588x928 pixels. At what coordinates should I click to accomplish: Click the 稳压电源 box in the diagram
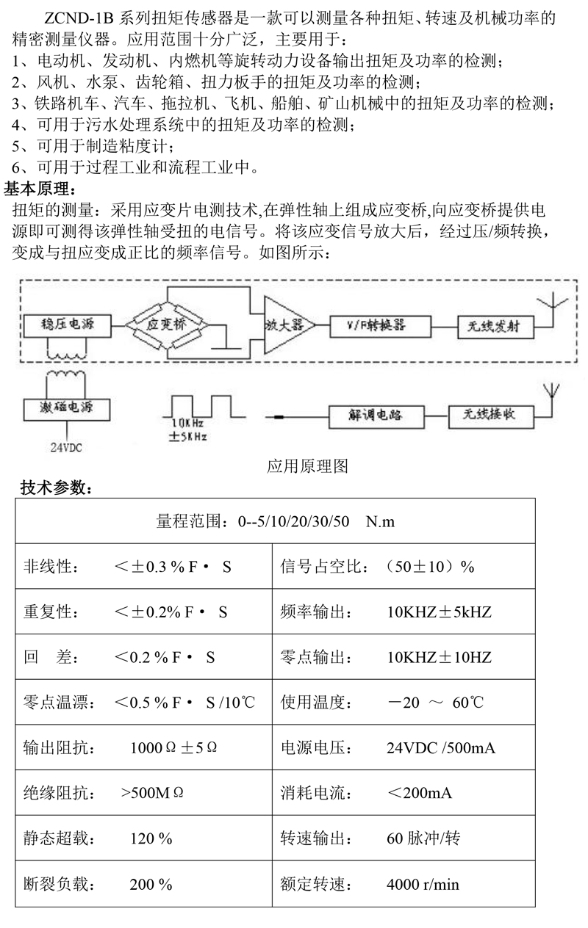click(68, 324)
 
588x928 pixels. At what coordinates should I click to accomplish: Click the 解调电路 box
click(377, 416)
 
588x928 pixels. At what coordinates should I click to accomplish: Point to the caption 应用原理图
click(306, 466)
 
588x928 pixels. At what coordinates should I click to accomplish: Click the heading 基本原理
click(46, 189)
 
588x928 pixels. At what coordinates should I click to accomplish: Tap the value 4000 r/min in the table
click(423, 884)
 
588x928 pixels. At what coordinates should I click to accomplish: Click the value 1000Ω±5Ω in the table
click(173, 748)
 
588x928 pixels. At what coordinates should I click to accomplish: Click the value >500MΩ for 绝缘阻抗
click(152, 794)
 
